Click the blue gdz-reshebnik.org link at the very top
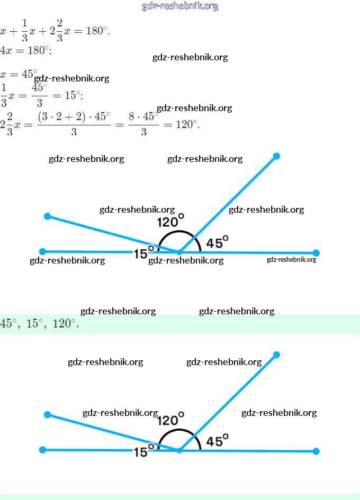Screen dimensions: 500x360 (180, 6)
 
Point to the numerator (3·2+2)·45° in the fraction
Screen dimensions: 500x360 (74, 116)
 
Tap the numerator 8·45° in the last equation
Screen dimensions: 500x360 (143, 116)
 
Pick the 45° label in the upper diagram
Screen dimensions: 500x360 (217, 242)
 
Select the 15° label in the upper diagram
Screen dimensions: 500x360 (143, 253)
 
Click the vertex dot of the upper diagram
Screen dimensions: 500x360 (179, 252)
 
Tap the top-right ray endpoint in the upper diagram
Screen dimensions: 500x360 (276, 156)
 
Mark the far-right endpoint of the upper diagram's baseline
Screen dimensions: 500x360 (316, 253)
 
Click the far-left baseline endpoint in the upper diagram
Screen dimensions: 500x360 (43, 251)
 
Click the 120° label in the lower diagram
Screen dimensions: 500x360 (170, 420)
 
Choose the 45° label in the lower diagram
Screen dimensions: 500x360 (217, 440)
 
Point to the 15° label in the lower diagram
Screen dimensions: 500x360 (143, 451)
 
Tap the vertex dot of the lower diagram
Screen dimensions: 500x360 (179, 450)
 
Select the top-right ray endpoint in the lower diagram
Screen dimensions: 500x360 (276, 354)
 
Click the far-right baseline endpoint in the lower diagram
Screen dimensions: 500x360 (316, 451)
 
